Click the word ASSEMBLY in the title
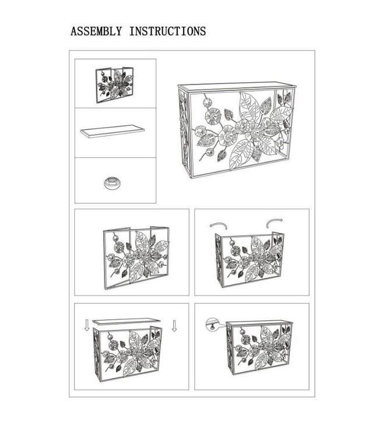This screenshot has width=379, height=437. pos(96,31)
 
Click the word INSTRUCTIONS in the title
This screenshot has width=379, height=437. pos(167,31)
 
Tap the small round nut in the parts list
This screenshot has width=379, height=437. pos(113,182)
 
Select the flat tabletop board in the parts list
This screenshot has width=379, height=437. pos(113,131)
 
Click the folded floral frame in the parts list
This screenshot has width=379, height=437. pos(115,84)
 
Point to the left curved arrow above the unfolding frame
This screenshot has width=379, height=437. pos(219,225)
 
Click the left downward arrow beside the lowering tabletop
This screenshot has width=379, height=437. pos(87,325)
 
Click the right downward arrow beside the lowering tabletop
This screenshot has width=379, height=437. pos(174,326)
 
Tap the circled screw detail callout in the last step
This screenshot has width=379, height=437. pos(213,324)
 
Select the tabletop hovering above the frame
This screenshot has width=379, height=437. pos(127,321)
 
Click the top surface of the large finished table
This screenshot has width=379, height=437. pos(237,86)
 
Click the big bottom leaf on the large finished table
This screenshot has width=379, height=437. pos(241,154)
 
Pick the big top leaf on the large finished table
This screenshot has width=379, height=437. pos(249,107)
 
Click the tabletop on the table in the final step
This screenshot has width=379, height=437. pos(259,323)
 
